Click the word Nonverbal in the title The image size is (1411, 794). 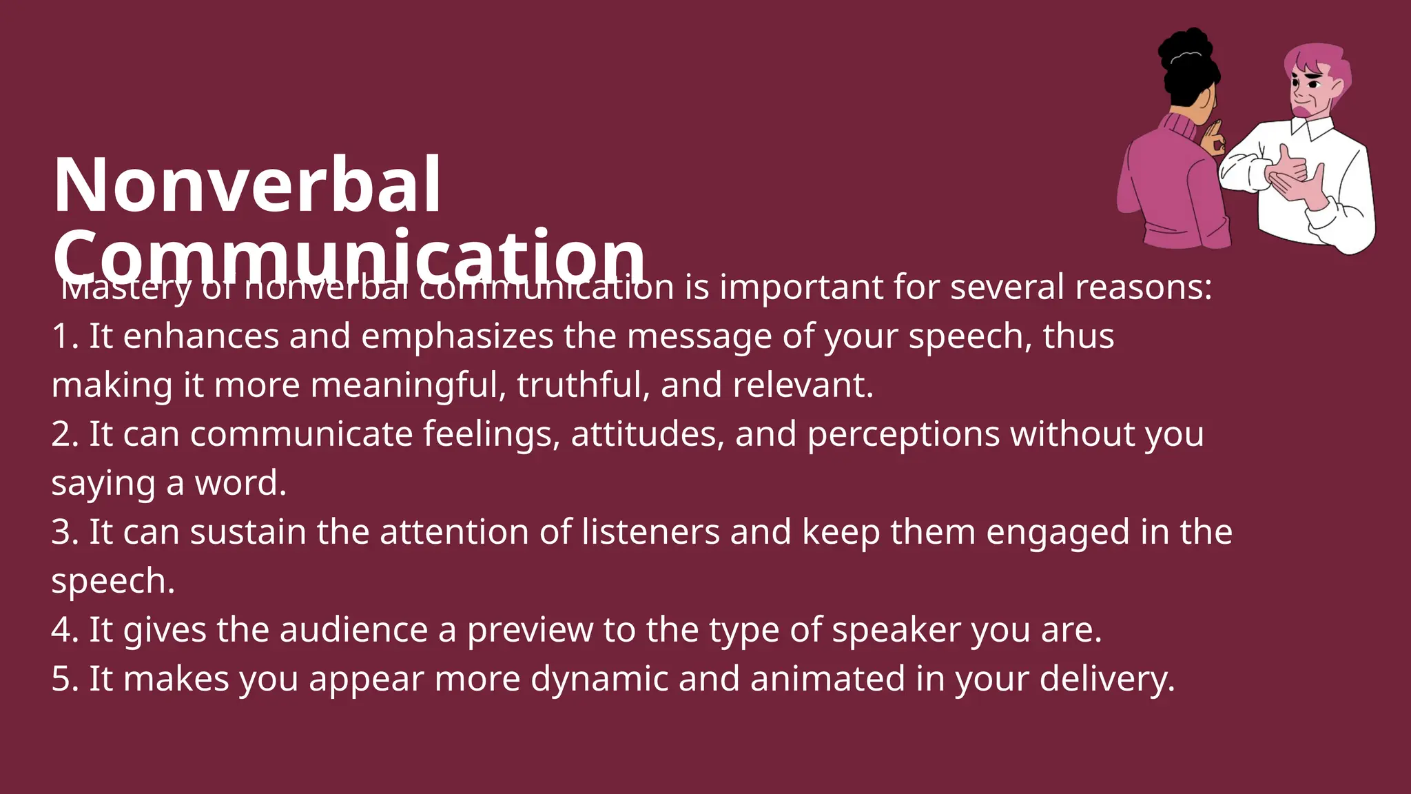247,185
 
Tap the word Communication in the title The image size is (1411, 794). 349,256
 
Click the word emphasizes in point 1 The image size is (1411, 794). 457,336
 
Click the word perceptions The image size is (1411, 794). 903,436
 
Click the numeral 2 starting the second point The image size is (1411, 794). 61,434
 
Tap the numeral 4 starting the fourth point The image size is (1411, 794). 61,630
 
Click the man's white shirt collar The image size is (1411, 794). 1312,128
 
